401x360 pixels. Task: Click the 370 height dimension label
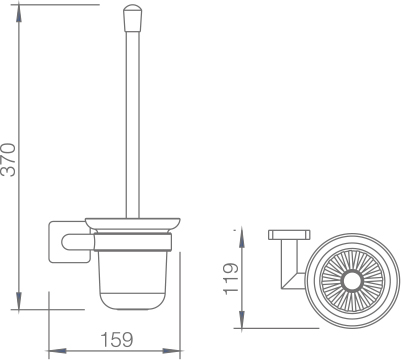[8, 160]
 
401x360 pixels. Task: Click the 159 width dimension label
[117, 339]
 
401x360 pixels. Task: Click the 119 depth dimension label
[231, 279]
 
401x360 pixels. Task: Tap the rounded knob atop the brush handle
[132, 18]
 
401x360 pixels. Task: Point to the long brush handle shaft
[132, 125]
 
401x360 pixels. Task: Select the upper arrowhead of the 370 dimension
[19, 14]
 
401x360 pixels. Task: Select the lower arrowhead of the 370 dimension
[19, 301]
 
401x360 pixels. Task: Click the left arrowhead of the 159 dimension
[58, 351]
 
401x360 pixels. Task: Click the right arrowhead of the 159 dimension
[171, 351]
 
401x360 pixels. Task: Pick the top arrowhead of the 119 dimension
[242, 239]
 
